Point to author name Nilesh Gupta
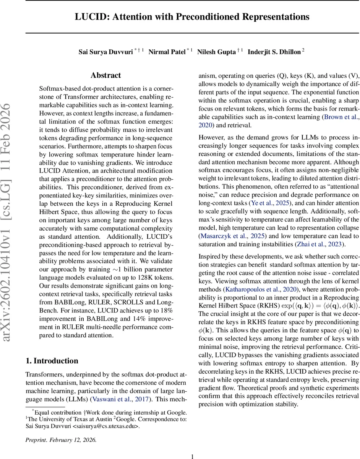(x=216, y=52)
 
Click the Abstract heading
(x=106, y=75)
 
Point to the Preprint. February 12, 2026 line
(x=61, y=439)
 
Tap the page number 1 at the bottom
(x=193, y=456)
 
